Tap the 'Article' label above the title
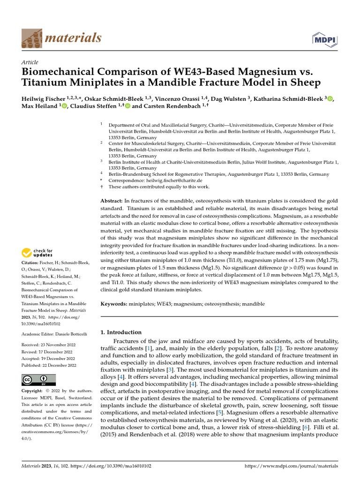[x=30, y=62]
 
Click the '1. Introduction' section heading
[x=121, y=332]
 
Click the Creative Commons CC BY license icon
[x=38, y=380]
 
